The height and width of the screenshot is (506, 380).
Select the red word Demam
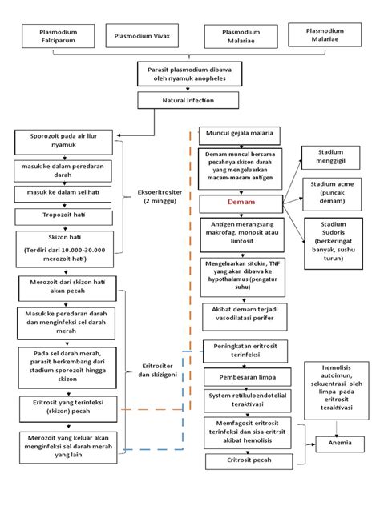(241, 203)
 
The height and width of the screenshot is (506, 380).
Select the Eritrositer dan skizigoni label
(157, 369)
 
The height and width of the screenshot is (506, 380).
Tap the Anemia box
(337, 441)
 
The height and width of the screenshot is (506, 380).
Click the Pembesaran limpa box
(241, 375)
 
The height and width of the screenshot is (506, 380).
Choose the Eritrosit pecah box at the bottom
(241, 461)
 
